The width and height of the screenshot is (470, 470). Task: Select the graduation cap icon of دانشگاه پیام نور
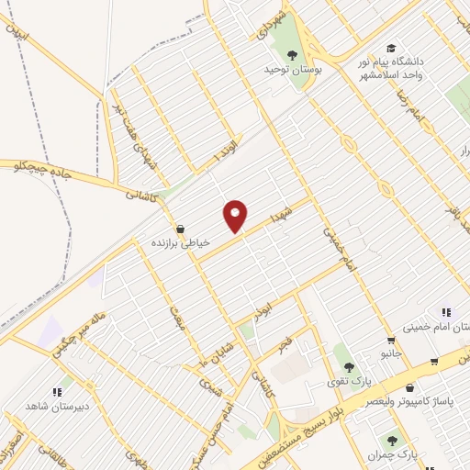pyautogui.click(x=391, y=48)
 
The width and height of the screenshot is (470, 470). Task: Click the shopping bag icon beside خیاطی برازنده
pyautogui.click(x=179, y=229)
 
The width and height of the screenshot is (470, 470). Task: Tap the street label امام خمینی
pyautogui.click(x=333, y=244)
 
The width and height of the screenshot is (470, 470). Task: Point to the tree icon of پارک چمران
pyautogui.click(x=392, y=441)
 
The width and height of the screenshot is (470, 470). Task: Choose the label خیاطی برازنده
pyautogui.click(x=181, y=242)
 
